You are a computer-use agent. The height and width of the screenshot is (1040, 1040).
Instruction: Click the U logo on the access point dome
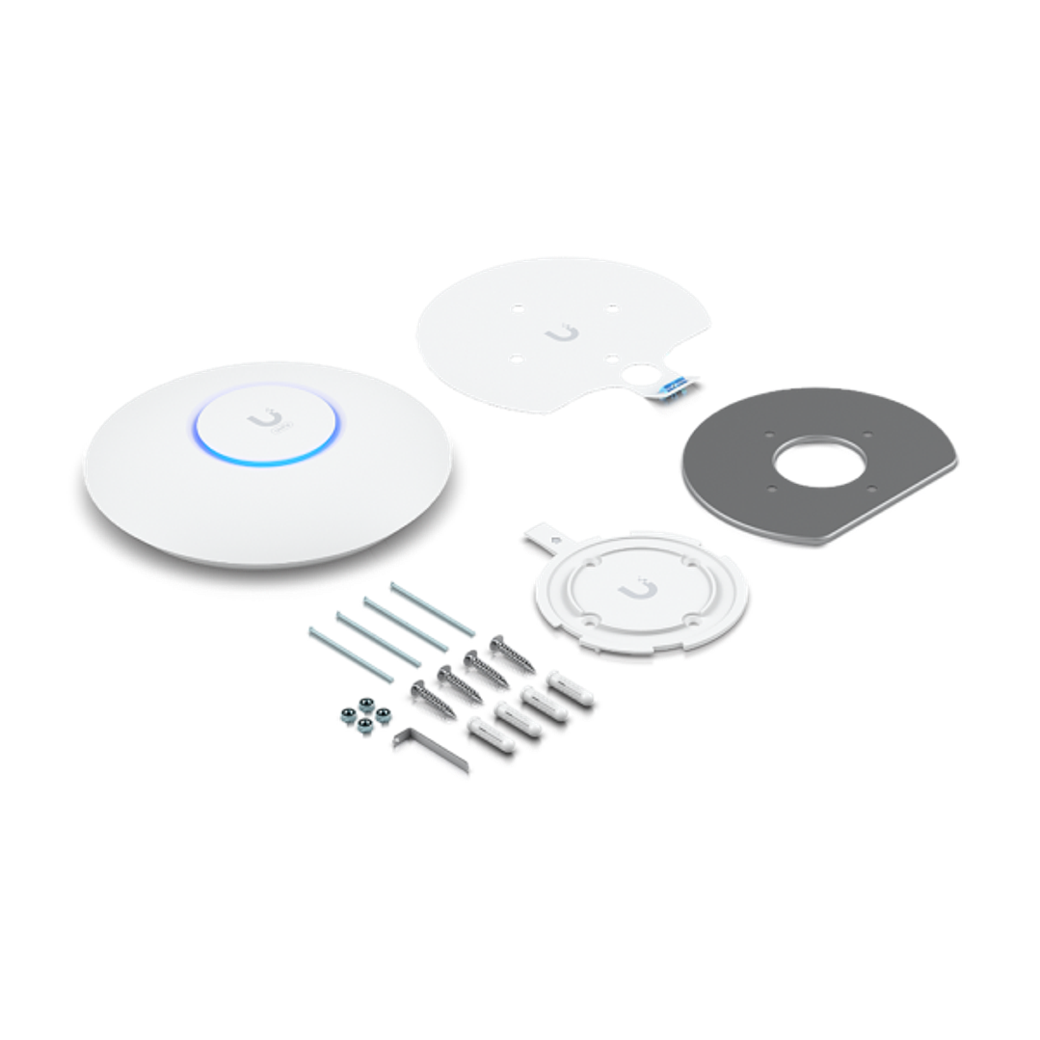point(261,421)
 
